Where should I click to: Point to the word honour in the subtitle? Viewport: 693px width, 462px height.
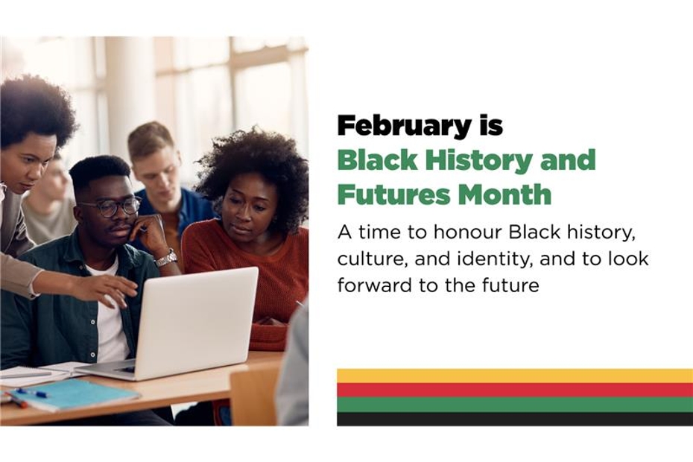point(467,232)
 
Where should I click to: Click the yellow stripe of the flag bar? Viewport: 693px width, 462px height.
point(514,376)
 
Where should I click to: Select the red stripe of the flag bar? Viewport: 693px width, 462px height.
point(514,390)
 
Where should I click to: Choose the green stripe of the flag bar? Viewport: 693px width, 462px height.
point(514,404)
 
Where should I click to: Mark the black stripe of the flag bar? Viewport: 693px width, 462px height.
point(514,419)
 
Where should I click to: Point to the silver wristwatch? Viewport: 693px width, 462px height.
point(166,258)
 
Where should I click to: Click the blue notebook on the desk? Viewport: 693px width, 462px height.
point(75,393)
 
